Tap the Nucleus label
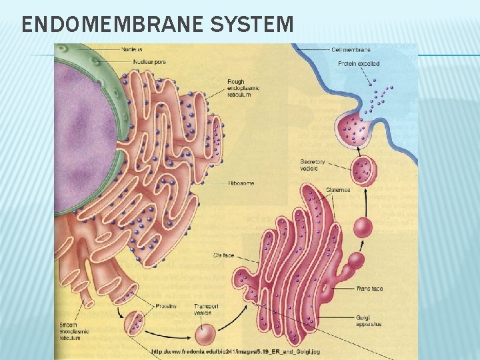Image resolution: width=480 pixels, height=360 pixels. point(131,49)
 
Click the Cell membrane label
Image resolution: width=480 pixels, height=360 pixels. point(351,49)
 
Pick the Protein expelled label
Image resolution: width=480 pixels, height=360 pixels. point(359,63)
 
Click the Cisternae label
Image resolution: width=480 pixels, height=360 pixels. point(338,190)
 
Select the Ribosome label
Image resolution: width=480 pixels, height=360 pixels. point(241,183)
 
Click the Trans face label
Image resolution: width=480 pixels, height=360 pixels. point(369,289)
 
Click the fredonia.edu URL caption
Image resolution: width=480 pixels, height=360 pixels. point(236,351)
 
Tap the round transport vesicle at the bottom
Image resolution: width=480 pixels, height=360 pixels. point(205,334)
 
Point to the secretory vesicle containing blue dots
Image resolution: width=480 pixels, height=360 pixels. point(363,170)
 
